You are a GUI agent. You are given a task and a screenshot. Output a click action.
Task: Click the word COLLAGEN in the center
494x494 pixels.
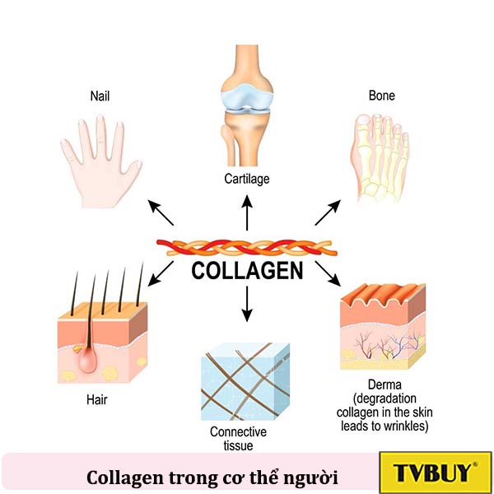click(x=247, y=271)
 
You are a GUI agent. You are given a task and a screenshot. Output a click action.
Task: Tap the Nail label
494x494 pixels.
click(x=100, y=96)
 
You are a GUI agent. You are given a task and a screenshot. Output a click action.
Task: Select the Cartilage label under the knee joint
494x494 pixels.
click(x=247, y=178)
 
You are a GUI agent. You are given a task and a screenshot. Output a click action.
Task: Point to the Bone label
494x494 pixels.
click(x=381, y=96)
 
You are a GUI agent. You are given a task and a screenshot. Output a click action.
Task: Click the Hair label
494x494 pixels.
click(x=96, y=400)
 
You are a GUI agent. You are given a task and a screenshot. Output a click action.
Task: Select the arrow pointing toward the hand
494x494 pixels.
click(x=161, y=212)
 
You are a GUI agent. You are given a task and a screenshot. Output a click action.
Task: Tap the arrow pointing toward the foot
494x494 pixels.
click(x=327, y=212)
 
